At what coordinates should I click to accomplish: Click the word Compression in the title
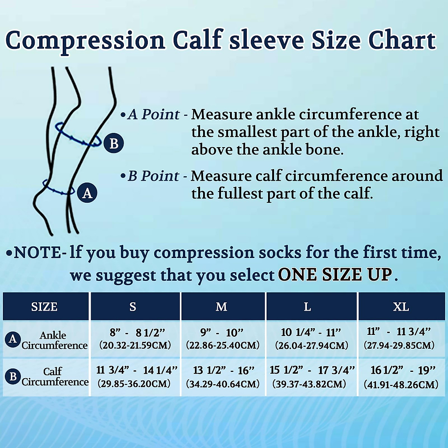point(85,40)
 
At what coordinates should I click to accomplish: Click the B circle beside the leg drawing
point(113,143)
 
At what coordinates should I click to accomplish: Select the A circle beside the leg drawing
point(87,193)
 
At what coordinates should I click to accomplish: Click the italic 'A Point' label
point(153,114)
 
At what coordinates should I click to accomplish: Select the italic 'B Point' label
point(153,176)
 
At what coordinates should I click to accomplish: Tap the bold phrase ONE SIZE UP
point(335,275)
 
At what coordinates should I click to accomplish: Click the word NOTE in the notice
point(37,253)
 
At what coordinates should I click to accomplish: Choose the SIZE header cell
point(44,307)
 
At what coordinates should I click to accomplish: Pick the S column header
point(133,307)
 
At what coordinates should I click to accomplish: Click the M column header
point(221,307)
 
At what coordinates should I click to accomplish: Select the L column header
point(307,307)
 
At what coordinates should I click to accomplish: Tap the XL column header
point(401,307)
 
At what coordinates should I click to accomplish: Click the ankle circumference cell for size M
point(223,339)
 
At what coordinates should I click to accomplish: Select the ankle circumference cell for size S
point(135,339)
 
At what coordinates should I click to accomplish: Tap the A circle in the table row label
point(13,339)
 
